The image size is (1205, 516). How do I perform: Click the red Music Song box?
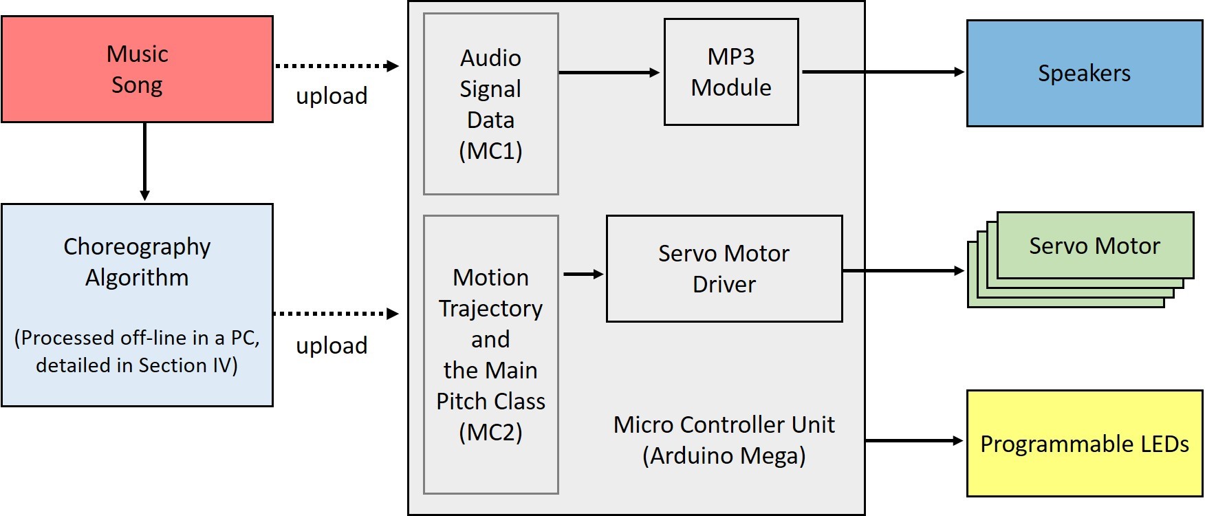pos(137,69)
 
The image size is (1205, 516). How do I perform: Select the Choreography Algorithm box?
pos(137,305)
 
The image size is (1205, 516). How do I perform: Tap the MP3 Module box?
pos(731,72)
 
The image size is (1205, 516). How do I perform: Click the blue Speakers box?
pos(1084,73)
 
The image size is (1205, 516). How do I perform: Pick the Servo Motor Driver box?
pos(724,268)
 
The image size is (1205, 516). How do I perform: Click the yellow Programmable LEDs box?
pos(1084,444)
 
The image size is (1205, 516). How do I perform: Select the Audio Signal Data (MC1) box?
pos(490,104)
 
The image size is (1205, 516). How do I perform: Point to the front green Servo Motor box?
pos(1094,246)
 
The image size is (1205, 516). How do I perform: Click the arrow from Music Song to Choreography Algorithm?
pos(144,162)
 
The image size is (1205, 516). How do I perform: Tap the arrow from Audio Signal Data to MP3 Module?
pos(609,72)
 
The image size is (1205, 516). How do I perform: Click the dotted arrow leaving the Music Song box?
pos(336,66)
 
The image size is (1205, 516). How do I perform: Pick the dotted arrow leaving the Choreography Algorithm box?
pos(336,314)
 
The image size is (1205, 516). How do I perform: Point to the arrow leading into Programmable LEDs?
pos(913,440)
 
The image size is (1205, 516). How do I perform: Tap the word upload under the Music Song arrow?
pos(332,96)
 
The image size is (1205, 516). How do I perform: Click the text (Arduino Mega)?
pos(724,455)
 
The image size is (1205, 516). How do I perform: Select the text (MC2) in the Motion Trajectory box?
pos(490,432)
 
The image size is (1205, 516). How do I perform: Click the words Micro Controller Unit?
pos(724,424)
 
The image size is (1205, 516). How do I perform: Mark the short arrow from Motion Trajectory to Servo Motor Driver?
pos(583,274)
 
